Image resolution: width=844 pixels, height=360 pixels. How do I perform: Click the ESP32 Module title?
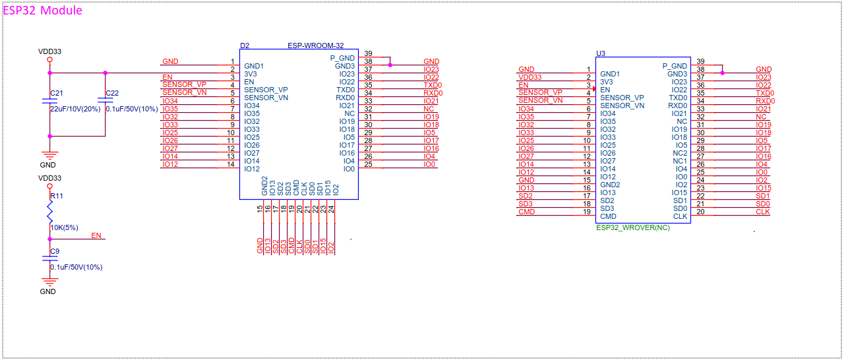click(x=44, y=11)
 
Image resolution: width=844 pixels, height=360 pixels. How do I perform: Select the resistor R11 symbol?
click(x=49, y=213)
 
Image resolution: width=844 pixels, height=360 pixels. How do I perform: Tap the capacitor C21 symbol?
click(x=49, y=101)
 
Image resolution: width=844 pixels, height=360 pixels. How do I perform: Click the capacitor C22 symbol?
click(x=105, y=101)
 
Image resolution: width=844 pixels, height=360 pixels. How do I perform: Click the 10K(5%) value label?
click(x=64, y=227)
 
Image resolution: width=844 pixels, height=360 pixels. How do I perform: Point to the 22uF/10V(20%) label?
click(x=75, y=109)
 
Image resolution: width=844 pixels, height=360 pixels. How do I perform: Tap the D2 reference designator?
click(x=245, y=46)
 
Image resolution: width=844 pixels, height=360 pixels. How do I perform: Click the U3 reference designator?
click(x=600, y=53)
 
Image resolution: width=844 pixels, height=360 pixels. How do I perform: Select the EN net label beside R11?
click(x=96, y=235)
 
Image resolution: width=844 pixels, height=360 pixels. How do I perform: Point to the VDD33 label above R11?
click(x=49, y=178)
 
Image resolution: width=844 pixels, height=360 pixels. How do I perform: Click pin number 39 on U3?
click(x=700, y=61)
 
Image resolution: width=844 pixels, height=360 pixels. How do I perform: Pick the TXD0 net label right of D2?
click(x=432, y=85)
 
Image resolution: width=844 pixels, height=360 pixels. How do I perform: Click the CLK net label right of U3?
click(x=762, y=212)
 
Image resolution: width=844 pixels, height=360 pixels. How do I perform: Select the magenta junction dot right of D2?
click(x=390, y=65)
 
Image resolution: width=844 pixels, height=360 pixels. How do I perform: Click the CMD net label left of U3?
click(x=526, y=212)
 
